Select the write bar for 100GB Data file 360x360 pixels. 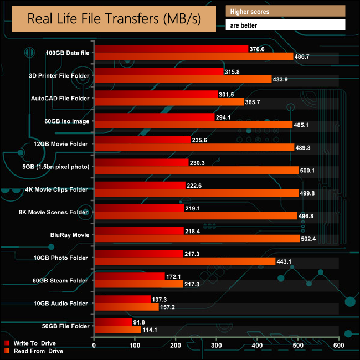click(171, 49)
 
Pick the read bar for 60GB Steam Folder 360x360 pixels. click(138, 284)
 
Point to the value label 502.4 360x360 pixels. click(310, 239)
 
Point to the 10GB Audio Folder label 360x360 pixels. click(61, 303)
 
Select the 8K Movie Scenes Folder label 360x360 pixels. click(61, 212)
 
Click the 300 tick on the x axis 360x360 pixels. click(217, 346)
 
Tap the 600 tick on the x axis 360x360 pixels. click(338, 346)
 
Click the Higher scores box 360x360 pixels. click(285, 11)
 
